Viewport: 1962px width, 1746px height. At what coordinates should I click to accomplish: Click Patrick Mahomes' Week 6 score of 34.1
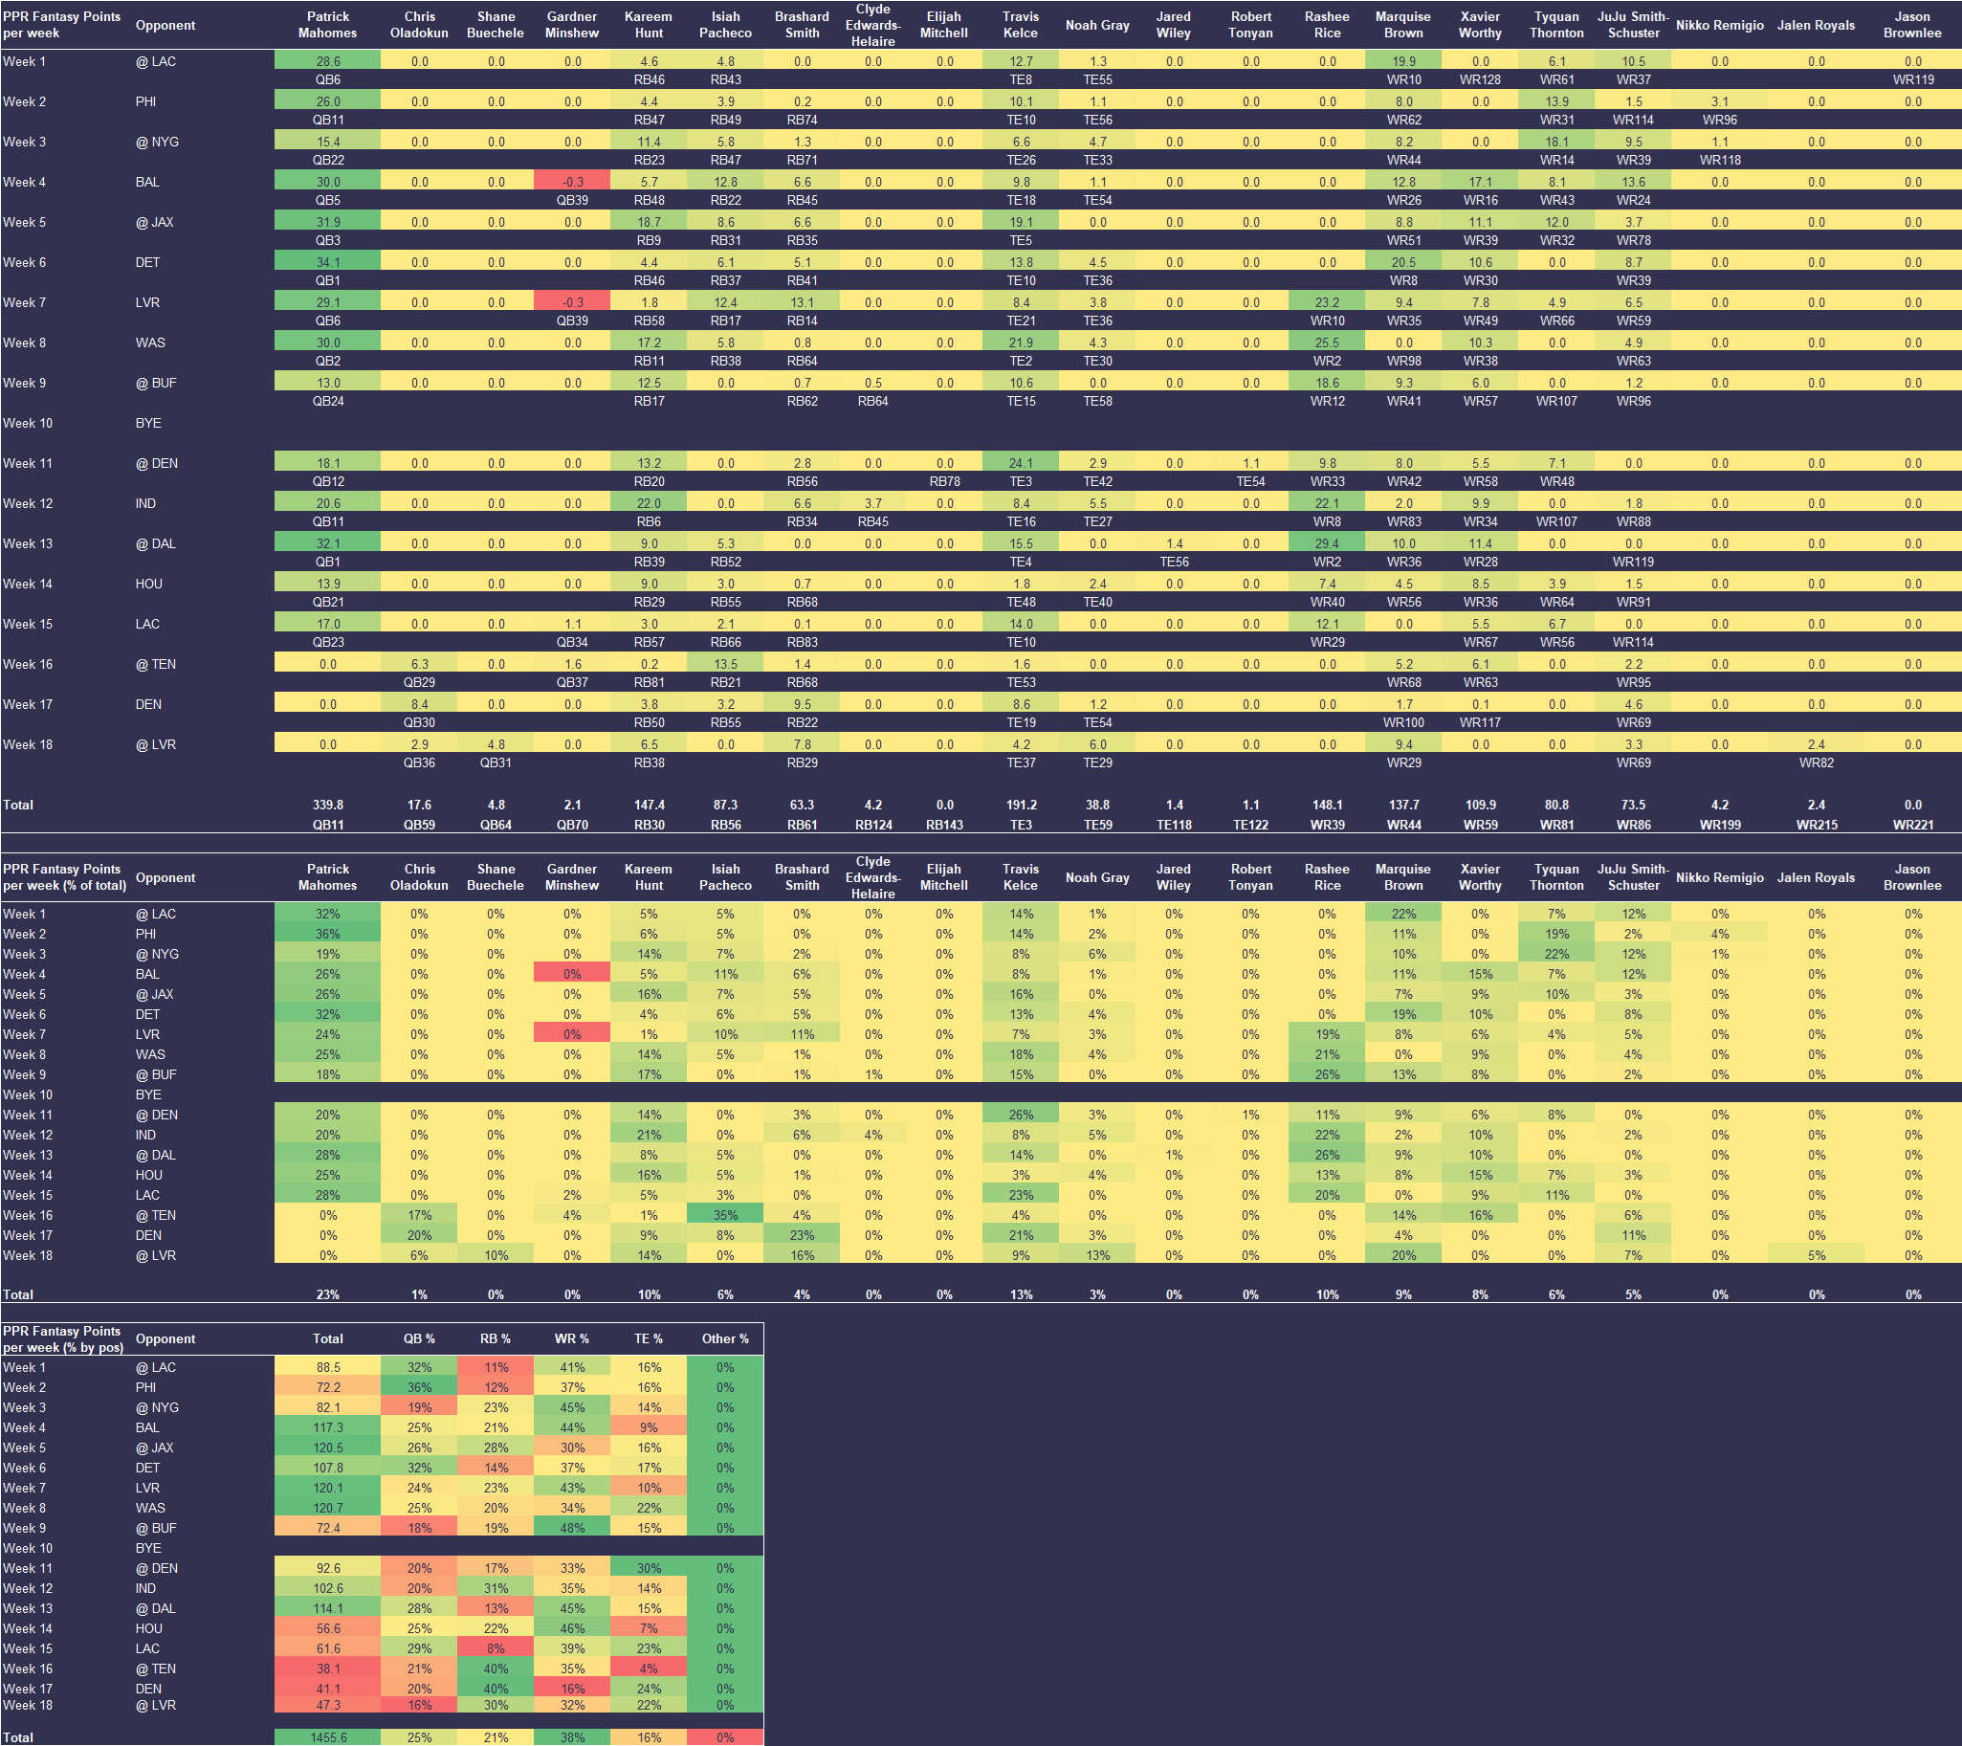pyautogui.click(x=327, y=262)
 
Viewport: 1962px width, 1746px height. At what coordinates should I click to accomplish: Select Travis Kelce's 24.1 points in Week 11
pyautogui.click(x=1021, y=463)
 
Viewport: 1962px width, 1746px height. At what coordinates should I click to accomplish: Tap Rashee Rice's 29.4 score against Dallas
pyautogui.click(x=1327, y=543)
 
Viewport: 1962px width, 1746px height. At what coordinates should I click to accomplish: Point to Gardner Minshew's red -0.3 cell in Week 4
pyautogui.click(x=572, y=182)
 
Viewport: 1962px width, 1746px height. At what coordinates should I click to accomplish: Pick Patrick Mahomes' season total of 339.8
pyautogui.click(x=327, y=805)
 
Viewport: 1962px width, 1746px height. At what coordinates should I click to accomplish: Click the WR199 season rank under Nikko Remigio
pyautogui.click(x=1719, y=825)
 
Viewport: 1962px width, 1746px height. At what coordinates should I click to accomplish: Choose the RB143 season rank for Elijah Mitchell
pyautogui.click(x=944, y=825)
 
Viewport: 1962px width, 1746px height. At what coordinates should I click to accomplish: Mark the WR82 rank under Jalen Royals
pyautogui.click(x=1816, y=763)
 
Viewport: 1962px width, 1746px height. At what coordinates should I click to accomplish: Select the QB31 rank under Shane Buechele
pyautogui.click(x=496, y=763)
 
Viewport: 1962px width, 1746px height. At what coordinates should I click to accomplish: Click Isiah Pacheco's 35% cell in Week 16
pyautogui.click(x=725, y=1215)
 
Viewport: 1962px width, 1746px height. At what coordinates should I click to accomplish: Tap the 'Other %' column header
pyautogui.click(x=725, y=1338)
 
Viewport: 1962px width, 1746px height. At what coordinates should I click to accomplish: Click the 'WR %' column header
pyautogui.click(x=572, y=1338)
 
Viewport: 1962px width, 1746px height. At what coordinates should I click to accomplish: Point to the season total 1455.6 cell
pyautogui.click(x=327, y=1737)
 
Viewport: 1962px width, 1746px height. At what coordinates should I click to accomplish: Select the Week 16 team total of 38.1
pyautogui.click(x=327, y=1669)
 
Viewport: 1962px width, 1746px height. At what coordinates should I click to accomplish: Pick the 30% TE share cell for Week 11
pyautogui.click(x=649, y=1568)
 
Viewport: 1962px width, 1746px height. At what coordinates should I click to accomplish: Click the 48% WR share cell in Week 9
pyautogui.click(x=572, y=1528)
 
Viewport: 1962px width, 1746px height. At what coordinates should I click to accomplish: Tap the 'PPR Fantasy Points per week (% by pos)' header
pyautogui.click(x=62, y=1338)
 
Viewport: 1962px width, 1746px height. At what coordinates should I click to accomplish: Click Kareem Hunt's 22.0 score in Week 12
pyautogui.click(x=649, y=503)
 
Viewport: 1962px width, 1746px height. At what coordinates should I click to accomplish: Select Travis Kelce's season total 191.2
pyautogui.click(x=1021, y=805)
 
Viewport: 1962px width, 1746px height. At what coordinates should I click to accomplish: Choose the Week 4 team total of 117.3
pyautogui.click(x=327, y=1427)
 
